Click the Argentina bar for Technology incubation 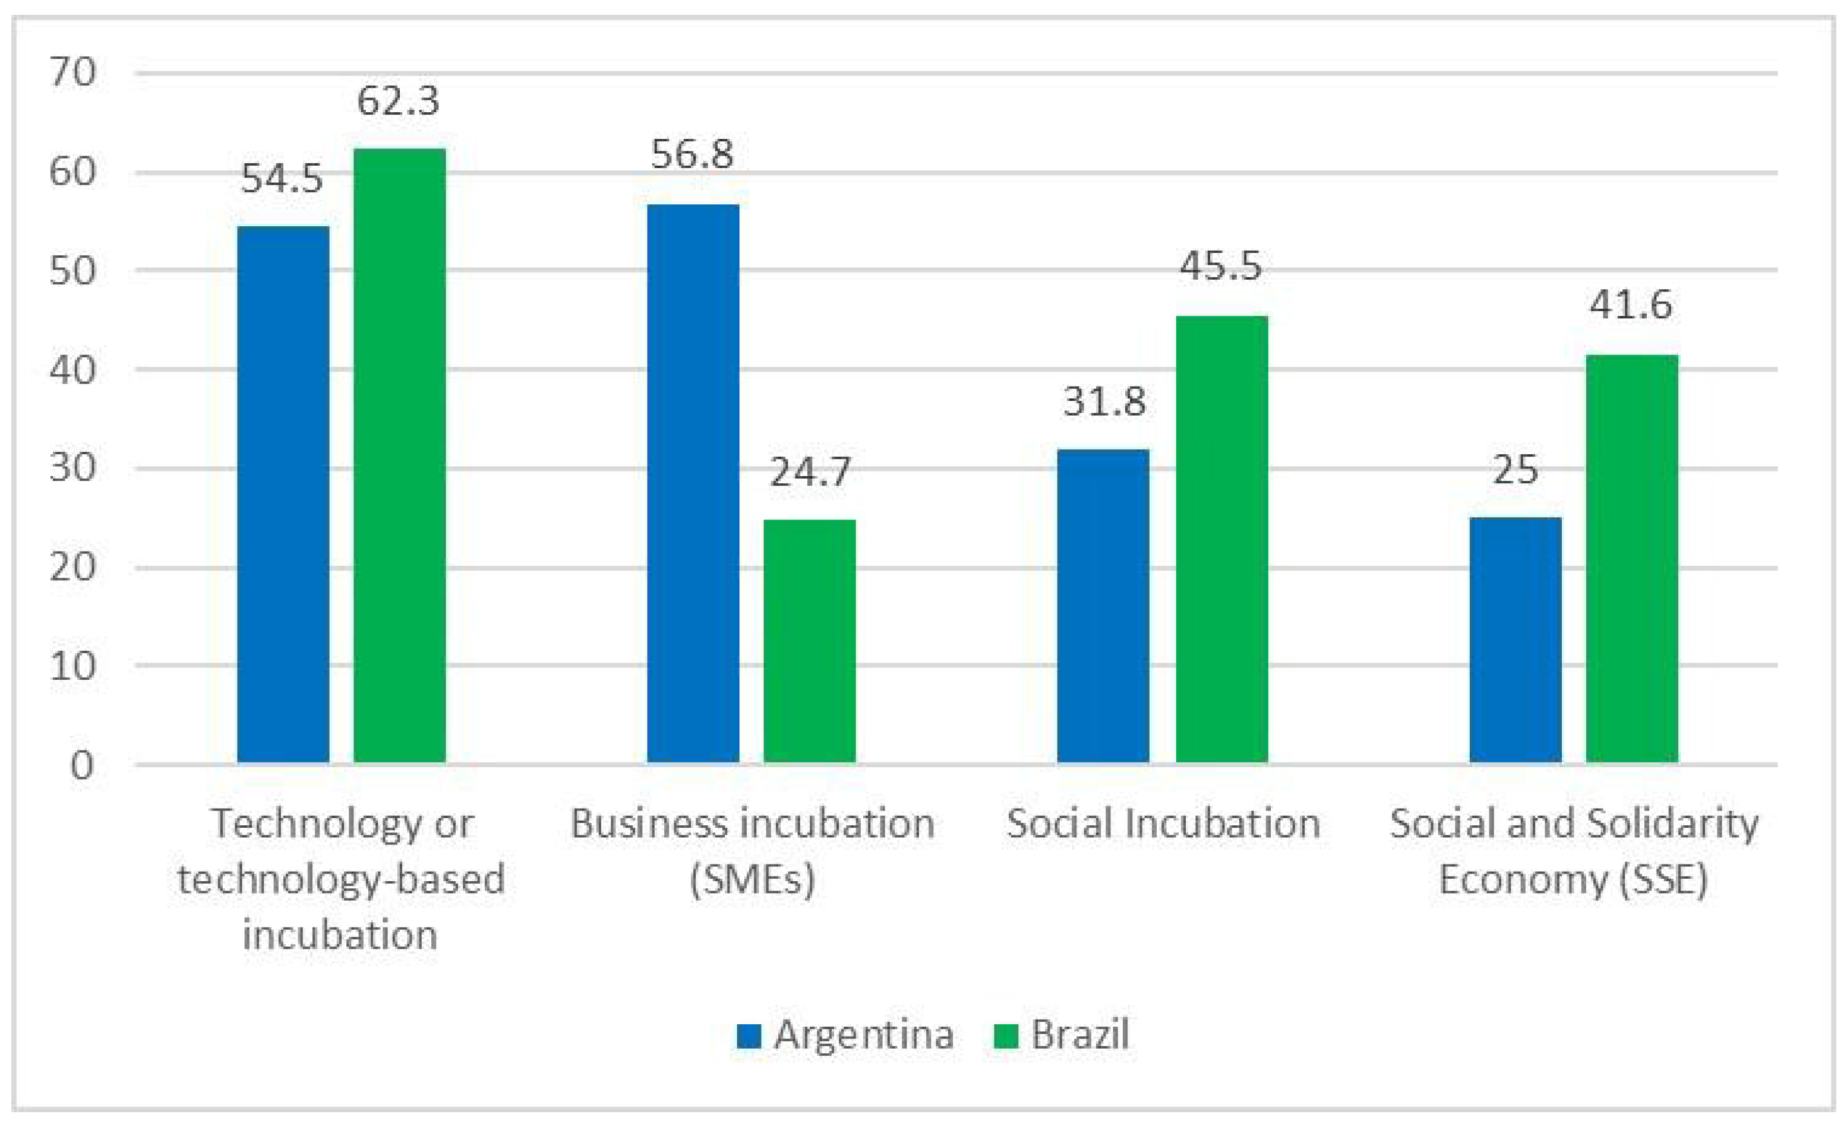283,494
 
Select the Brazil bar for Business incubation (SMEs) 810,641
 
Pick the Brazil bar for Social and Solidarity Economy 1632,558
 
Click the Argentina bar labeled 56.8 693,483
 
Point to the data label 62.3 397,101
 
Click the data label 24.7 810,472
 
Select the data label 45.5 1221,266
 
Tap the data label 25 1515,470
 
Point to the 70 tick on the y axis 72,72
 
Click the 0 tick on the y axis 83,766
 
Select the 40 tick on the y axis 72,369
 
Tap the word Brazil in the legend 1079,1036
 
